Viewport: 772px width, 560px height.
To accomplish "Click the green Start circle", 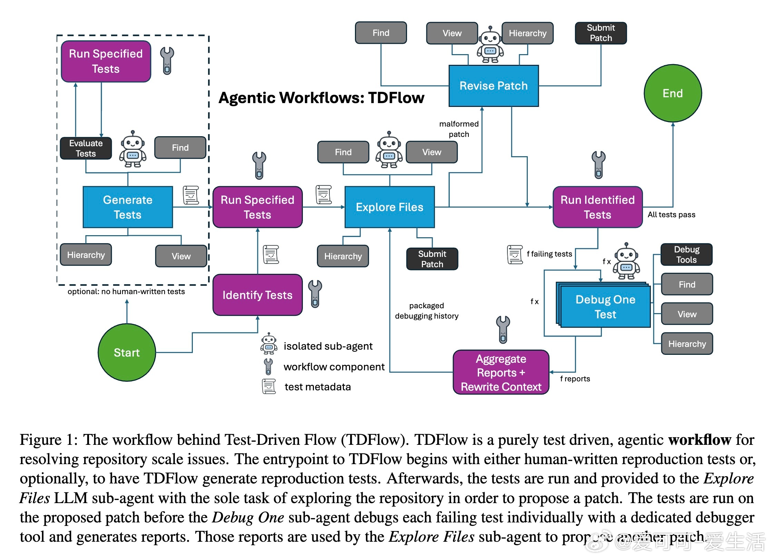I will pos(127,352).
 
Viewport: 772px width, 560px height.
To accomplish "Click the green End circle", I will pos(672,93).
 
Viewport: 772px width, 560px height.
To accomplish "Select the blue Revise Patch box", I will pos(493,86).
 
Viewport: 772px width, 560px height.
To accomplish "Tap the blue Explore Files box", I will pos(389,207).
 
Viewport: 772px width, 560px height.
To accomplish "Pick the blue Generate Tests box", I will pos(128,207).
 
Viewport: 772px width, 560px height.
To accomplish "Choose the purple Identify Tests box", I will pos(257,295).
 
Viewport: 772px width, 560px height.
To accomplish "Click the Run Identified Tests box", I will pos(597,207).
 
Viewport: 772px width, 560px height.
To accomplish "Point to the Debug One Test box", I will pos(605,307).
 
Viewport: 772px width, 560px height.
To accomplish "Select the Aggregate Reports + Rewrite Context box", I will pos(501,372).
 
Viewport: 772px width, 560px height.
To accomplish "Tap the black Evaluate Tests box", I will pos(86,148).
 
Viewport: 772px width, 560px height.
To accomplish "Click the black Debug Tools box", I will pos(686,254).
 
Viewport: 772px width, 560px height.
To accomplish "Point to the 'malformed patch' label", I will pos(459,129).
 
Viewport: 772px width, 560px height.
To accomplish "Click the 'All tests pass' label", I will pos(671,214).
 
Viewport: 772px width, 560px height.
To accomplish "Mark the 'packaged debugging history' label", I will pos(427,311).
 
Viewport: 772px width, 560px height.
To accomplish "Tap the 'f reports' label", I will pos(575,379).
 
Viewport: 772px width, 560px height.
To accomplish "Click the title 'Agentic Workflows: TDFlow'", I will pos(321,98).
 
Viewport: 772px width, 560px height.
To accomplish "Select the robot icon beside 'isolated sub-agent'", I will pos(269,344).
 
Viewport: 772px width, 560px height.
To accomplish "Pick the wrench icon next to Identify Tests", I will pos(315,293).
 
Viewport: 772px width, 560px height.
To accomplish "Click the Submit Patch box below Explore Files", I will pos(432,259).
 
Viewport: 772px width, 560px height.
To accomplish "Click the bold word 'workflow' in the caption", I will pos(700,440).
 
